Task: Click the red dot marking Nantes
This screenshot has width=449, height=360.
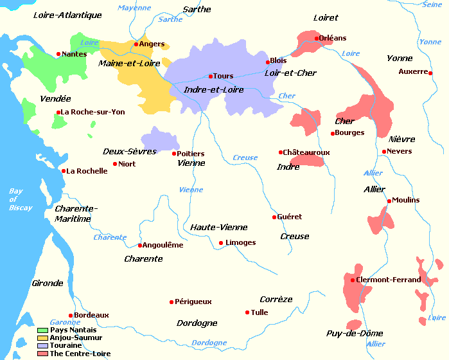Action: (58, 54)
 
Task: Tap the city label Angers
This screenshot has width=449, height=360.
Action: (152, 44)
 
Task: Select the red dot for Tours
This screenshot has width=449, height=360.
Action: (211, 76)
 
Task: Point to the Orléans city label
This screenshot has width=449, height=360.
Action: (333, 38)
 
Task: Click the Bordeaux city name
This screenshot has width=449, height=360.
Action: (91, 315)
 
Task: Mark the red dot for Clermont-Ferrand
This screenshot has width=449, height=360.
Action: (353, 280)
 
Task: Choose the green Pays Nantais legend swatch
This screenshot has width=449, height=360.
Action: (42, 330)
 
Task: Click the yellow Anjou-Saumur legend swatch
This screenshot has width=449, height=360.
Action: (42, 337)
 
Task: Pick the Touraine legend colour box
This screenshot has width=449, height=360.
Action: (42, 345)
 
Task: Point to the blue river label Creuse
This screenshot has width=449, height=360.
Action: (245, 157)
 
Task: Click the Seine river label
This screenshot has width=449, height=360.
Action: (432, 4)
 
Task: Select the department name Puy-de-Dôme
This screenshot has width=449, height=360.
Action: (355, 333)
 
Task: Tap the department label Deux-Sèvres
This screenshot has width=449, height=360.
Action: (129, 151)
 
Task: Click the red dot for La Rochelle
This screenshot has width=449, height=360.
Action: (64, 171)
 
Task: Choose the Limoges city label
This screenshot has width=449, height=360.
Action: (241, 242)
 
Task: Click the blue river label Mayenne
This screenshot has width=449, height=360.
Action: (134, 8)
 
